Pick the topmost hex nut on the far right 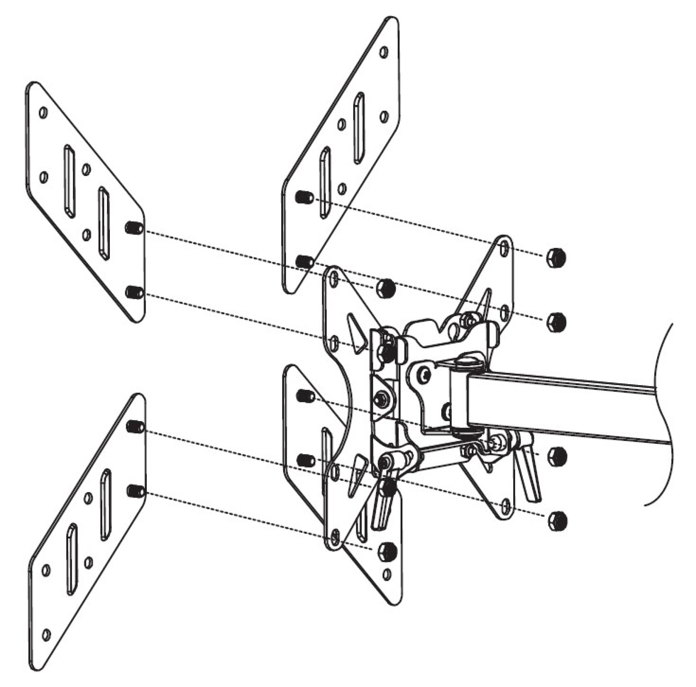click(x=556, y=258)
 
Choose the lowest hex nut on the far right click(x=557, y=521)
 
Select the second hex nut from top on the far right click(x=556, y=321)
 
